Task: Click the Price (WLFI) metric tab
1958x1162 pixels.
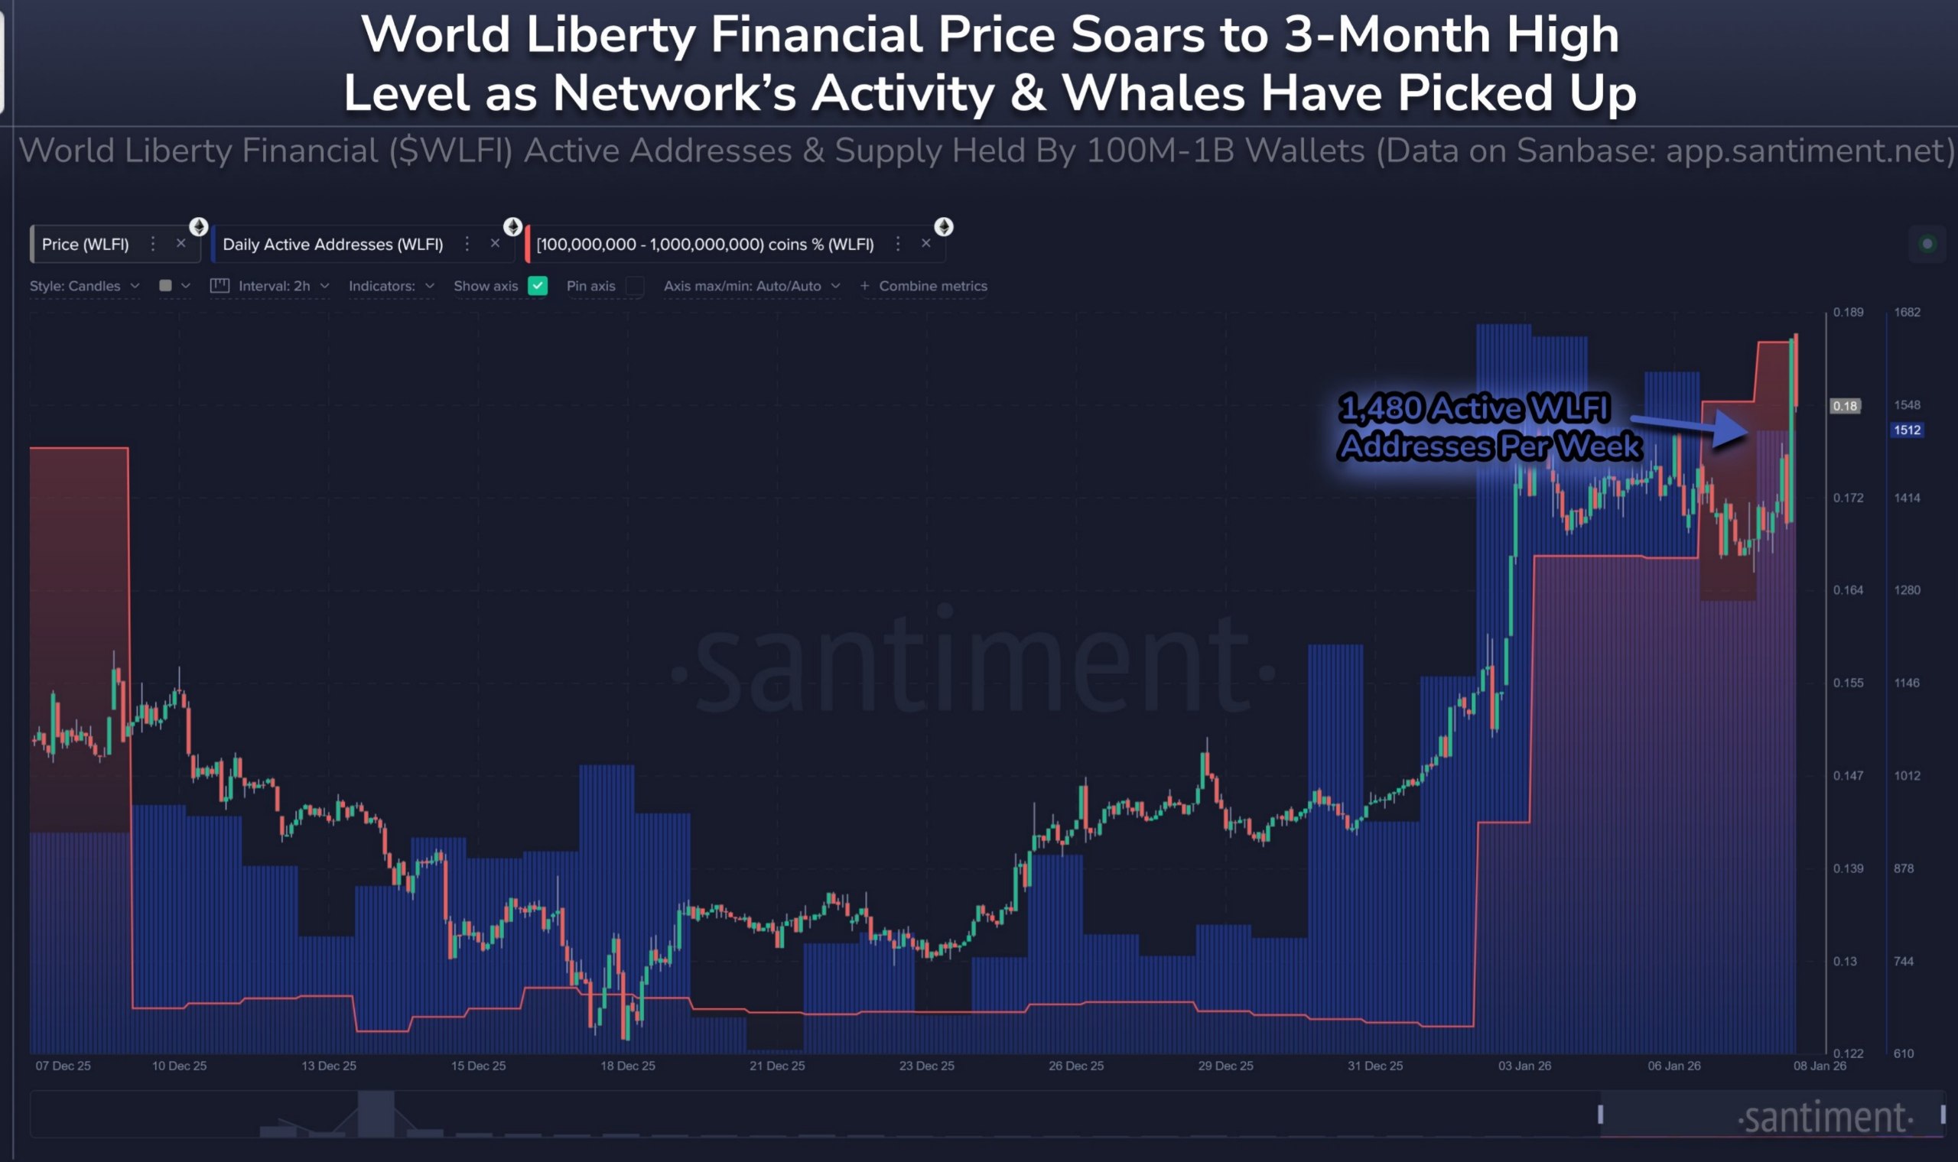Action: coord(86,245)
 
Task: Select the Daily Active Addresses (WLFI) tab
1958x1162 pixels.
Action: coord(333,245)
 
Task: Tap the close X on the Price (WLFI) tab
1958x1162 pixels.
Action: coord(181,244)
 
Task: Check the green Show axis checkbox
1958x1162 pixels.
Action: coord(537,286)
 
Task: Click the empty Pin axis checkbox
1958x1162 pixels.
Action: coord(635,286)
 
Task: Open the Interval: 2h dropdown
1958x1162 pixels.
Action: coord(273,286)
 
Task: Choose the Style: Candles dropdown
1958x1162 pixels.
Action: coord(85,286)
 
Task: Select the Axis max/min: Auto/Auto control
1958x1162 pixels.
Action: coord(751,286)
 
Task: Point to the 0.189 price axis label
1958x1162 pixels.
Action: coord(1848,313)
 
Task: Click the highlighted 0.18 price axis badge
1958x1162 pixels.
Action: coord(1845,406)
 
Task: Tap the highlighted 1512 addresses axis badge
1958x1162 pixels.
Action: coord(1906,430)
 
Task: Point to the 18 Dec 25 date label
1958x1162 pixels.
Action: coord(627,1066)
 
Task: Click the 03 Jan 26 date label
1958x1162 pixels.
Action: coord(1524,1066)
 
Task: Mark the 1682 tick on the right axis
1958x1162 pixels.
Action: coord(1906,313)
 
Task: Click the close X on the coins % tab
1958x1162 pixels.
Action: coord(925,244)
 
